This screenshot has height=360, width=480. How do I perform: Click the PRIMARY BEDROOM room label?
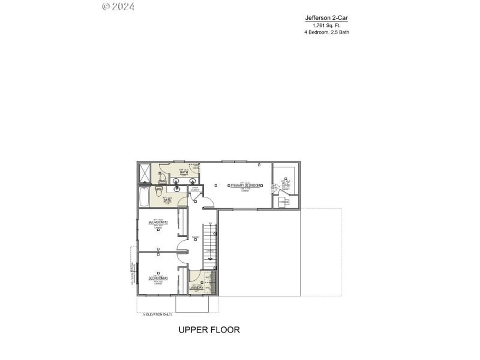(x=245, y=185)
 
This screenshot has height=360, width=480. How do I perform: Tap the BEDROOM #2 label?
(x=158, y=223)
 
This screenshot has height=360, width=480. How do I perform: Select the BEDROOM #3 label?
(x=158, y=278)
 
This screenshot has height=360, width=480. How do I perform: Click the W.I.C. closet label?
(x=286, y=184)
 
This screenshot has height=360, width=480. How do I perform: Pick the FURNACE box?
(x=284, y=202)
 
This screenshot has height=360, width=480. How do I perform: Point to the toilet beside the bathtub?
(x=159, y=191)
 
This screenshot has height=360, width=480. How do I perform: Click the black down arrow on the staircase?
(x=209, y=259)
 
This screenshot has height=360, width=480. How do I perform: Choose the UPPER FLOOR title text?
(x=209, y=329)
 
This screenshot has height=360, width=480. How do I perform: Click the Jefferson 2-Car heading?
(x=326, y=18)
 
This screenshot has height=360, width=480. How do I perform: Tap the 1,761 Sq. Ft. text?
(x=326, y=25)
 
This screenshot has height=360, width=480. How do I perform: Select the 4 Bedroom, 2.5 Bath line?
(x=326, y=32)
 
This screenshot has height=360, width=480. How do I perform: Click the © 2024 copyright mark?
(x=118, y=7)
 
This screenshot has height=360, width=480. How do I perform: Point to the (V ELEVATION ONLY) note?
(x=157, y=314)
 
